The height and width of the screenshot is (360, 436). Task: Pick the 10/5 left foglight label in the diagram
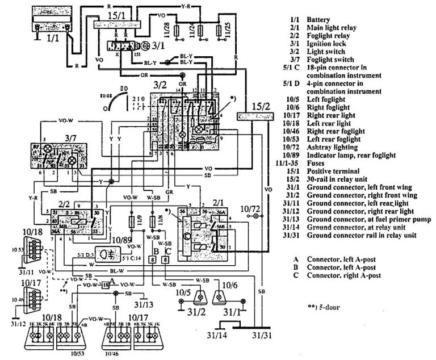coord(182,292)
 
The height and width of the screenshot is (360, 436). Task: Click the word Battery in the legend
coord(318,19)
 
